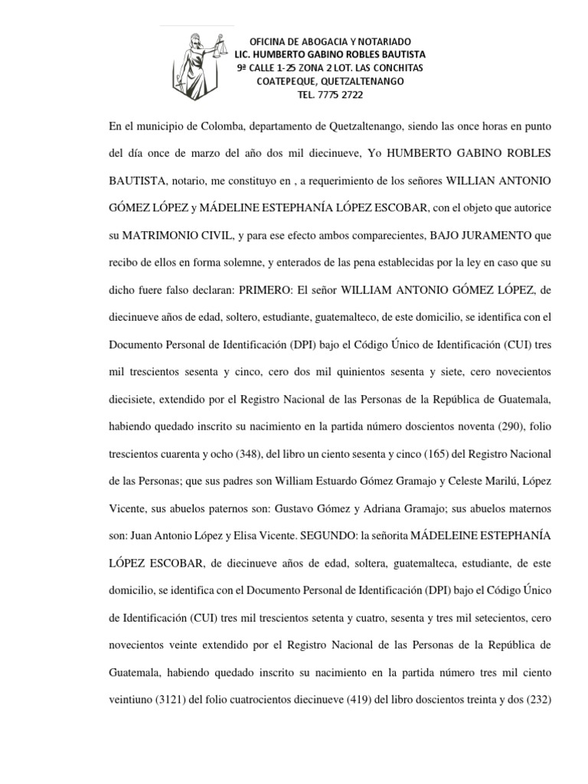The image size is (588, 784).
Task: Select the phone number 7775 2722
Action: pos(341,95)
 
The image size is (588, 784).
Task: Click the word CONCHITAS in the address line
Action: pos(397,68)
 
